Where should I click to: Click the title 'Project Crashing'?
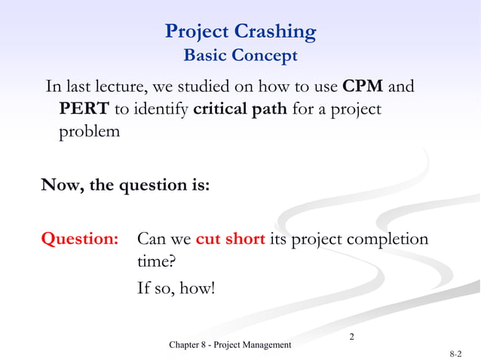click(240, 32)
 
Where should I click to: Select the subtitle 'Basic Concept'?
click(240, 56)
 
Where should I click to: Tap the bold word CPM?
click(363, 86)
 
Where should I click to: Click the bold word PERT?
click(84, 109)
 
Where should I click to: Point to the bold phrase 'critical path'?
click(240, 109)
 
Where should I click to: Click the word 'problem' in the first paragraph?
click(89, 133)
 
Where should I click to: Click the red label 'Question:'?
click(80, 239)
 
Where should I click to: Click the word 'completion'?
click(385, 239)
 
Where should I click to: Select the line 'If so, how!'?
click(176, 287)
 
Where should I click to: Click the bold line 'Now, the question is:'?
click(125, 185)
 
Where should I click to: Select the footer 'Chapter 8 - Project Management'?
click(230, 345)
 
